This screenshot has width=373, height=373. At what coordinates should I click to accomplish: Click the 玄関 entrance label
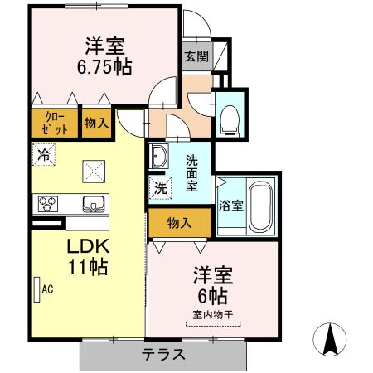pos(196,56)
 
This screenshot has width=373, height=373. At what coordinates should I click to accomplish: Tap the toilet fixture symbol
pos(230,121)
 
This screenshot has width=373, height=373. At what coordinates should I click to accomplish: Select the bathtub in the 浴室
pos(260,206)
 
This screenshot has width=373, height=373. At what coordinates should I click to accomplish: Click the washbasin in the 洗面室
pos(158,156)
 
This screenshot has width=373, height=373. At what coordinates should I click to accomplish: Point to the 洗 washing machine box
pos(160,188)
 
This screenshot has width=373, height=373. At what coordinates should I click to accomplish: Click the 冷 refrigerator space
pos(44,154)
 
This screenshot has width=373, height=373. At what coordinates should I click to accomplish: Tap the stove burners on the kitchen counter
pos(48,204)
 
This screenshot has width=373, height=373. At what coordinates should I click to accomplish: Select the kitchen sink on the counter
pos(94,204)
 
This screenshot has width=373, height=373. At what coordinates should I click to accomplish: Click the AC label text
pos(47,289)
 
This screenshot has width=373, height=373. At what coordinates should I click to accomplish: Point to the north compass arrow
pos(330,339)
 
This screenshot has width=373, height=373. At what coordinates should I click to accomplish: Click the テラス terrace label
pos(163,354)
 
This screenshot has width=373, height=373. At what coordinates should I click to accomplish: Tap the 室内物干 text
pos(213,314)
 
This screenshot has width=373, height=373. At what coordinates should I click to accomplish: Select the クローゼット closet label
pos(55,124)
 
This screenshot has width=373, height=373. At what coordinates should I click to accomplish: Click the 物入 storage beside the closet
pos(96,123)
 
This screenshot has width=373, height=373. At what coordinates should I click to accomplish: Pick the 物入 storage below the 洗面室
pos(180,222)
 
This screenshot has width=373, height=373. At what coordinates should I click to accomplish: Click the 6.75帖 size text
pos(104,67)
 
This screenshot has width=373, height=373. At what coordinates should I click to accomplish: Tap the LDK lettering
pos(88,246)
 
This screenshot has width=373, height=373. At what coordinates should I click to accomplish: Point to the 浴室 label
pos(231,206)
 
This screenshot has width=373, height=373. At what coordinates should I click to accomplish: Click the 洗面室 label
pos(191,173)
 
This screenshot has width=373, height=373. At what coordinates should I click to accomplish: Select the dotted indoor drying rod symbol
pos(213,324)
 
